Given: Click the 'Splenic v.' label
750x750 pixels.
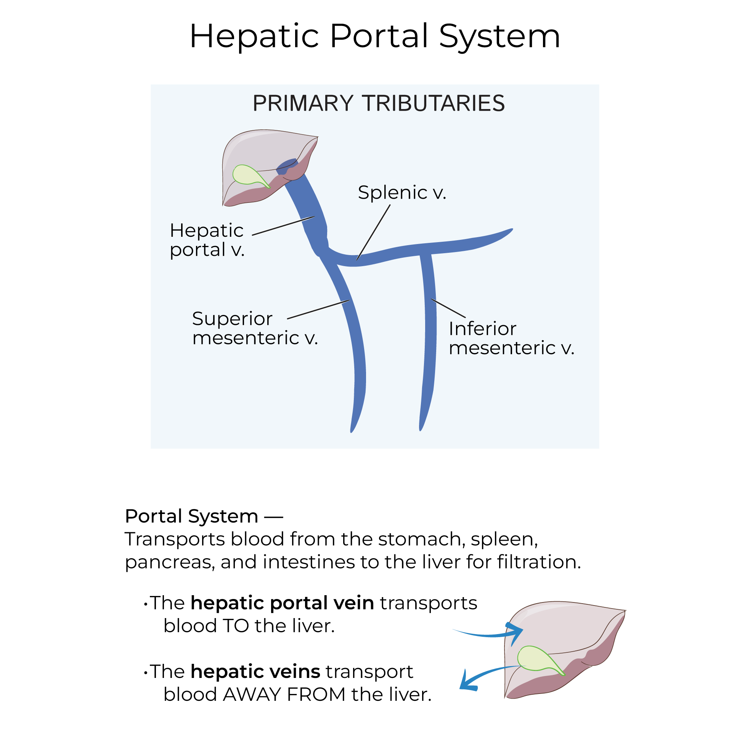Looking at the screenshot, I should (x=402, y=193).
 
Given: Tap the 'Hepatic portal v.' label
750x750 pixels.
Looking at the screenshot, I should (x=207, y=240).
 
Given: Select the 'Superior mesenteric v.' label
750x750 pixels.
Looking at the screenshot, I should (x=255, y=328).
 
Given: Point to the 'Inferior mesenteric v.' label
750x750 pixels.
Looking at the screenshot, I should (x=511, y=338).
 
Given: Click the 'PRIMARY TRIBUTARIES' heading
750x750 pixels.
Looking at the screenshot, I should (x=379, y=103).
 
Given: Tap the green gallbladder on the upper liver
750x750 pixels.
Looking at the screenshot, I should (x=247, y=175).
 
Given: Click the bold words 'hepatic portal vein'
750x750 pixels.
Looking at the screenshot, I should (x=282, y=603).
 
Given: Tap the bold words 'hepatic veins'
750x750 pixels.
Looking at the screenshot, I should (x=255, y=671).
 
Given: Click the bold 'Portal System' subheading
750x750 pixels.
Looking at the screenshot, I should (x=191, y=516).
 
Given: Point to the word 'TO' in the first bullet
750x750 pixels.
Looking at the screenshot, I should (x=236, y=626).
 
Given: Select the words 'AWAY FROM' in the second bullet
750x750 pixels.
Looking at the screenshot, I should (x=284, y=694).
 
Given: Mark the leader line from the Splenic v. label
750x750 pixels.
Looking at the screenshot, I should (x=373, y=233).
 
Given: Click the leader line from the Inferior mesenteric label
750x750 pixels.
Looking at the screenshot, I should (x=448, y=308).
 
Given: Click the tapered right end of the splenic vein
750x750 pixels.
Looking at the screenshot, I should (x=509, y=231).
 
